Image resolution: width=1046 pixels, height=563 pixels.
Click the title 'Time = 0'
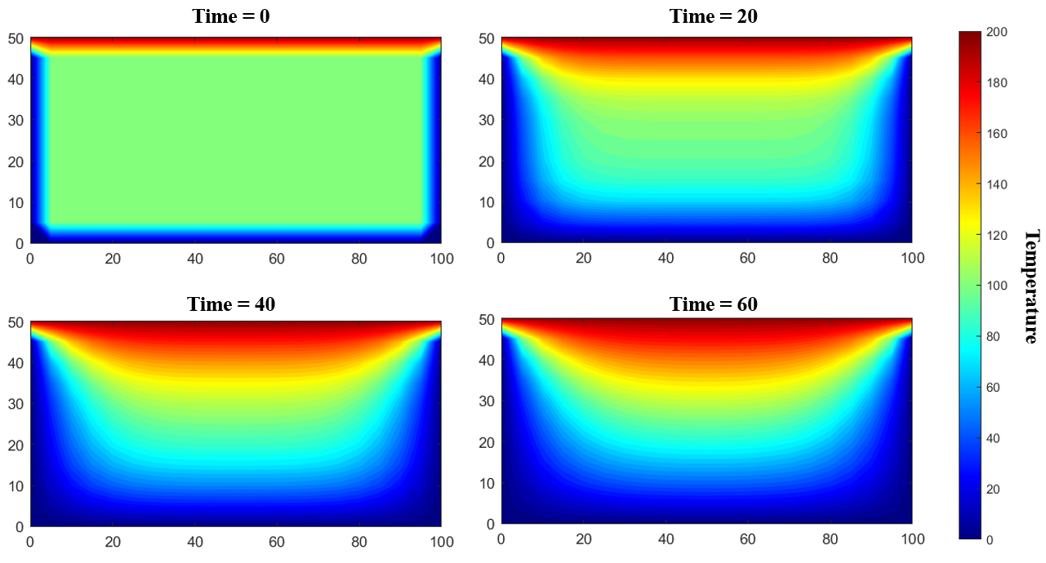pos(231,16)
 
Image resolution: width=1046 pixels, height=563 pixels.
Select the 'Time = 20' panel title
pos(713,16)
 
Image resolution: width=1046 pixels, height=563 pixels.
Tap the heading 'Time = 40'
pos(231,304)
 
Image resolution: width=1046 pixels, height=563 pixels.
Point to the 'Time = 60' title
pos(713,304)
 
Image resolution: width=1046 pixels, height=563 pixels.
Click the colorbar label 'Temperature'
pos(1031,286)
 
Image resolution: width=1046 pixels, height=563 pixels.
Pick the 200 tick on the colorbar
pos(995,32)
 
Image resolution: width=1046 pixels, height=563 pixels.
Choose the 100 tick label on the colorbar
pos(995,286)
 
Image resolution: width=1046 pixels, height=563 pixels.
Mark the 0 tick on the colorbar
pos(989,539)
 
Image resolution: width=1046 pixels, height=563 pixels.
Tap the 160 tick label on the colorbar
pos(995,134)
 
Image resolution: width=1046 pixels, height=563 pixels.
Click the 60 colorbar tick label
pos(993,388)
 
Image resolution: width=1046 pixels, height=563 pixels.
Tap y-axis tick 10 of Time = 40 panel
pos(17,485)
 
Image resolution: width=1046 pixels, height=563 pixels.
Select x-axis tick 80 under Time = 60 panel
pos(830,539)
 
